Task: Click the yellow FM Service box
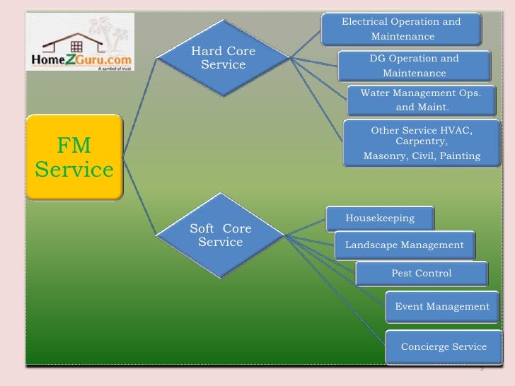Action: (74, 158)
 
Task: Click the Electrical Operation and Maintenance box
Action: (401, 29)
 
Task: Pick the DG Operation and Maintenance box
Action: (414, 66)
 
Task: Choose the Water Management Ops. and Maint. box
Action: (421, 100)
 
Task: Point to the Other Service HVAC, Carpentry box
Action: (421, 142)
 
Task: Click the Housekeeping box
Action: (380, 218)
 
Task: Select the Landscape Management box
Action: (405, 245)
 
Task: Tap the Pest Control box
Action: (422, 273)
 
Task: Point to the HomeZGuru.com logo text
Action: (78, 61)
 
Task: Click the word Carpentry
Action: (421, 142)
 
